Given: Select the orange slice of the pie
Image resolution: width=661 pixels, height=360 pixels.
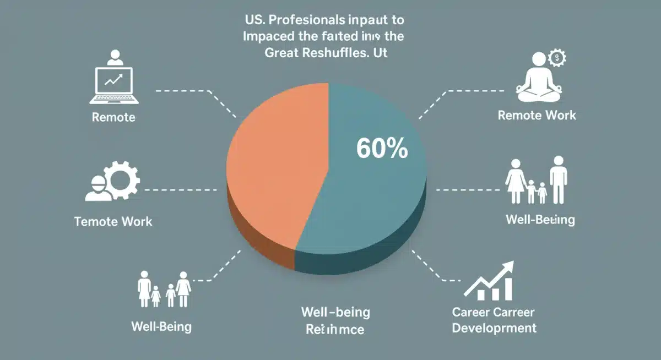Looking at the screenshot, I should [275, 165].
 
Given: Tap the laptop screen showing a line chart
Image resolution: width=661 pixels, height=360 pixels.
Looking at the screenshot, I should [115, 82].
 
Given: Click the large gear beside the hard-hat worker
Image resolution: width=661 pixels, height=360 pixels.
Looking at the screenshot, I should [123, 179].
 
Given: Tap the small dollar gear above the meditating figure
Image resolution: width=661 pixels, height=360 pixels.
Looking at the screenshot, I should [558, 57].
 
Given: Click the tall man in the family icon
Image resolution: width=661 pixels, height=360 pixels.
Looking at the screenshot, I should [559, 179].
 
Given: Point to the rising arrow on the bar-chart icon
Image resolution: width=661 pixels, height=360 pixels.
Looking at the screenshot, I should [496, 275].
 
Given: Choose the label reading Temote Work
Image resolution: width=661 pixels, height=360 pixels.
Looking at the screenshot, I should [113, 222].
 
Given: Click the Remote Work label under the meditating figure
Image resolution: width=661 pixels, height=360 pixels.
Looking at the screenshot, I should [537, 115].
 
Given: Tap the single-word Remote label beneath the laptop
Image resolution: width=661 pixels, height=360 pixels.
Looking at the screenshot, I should [113, 117].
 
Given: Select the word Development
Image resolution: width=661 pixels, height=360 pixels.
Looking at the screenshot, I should [494, 328].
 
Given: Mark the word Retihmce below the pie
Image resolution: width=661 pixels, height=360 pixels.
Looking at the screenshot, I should [335, 330].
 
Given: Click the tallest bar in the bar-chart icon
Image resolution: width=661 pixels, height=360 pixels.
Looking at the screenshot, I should [507, 288].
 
